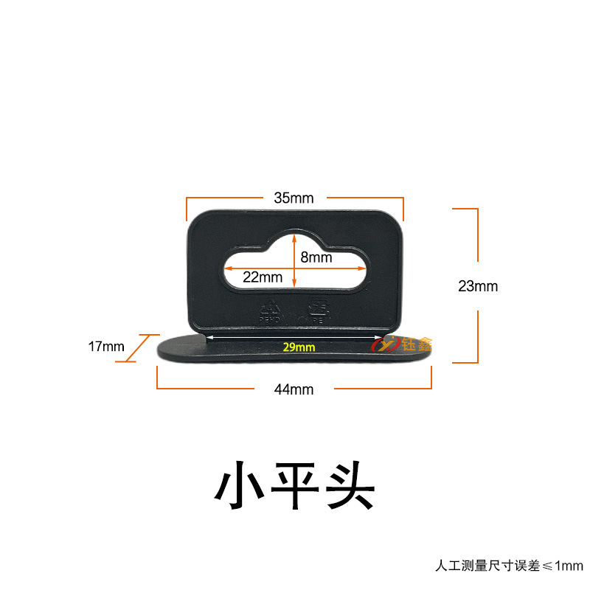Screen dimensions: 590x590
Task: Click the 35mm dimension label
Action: pos(294,198)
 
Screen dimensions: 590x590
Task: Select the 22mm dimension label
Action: pos(263,277)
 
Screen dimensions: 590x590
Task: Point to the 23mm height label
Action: pos(477,286)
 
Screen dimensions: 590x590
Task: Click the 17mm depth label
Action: pos(105,347)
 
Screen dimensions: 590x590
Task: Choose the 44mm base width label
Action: pos(293,389)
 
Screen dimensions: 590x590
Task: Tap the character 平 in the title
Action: pos(295,485)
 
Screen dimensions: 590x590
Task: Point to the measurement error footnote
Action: pos(508,566)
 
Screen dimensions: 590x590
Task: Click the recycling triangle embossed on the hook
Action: pos(271,307)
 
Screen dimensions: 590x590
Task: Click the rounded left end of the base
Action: pos(165,347)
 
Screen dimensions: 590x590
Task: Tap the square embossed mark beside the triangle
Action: pos(319,306)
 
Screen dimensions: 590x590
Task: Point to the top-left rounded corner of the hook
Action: pos(195,219)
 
